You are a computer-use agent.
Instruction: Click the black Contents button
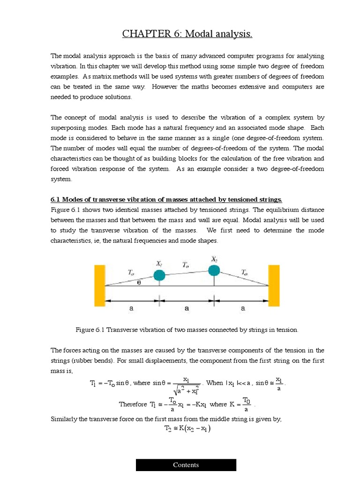[186, 465]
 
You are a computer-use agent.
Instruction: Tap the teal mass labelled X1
[159, 275]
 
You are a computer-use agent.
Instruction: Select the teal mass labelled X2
[214, 270]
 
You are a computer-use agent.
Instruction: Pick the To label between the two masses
[186, 265]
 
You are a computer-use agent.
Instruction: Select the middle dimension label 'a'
[187, 308]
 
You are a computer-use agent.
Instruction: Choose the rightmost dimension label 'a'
[242, 308]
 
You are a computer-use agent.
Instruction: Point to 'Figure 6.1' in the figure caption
[90, 330]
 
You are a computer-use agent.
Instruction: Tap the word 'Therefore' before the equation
[133, 404]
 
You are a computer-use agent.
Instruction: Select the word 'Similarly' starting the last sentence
[65, 419]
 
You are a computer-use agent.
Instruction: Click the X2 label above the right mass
[214, 259]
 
